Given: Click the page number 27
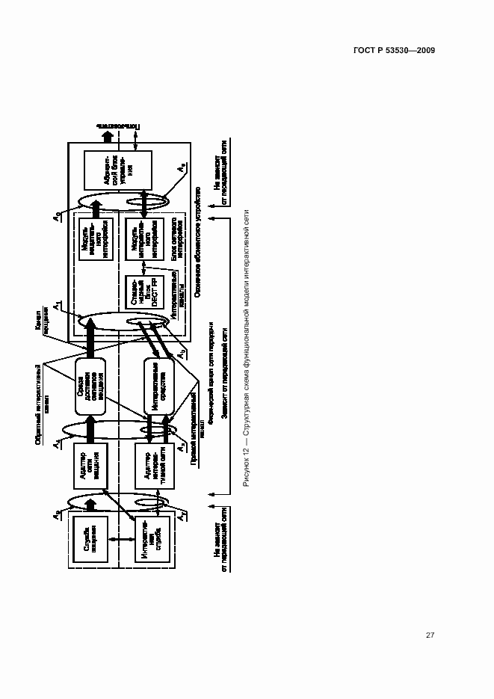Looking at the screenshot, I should tap(430, 635).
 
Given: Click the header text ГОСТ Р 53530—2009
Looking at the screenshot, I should tap(395, 51).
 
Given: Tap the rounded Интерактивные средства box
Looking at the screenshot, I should tap(153, 389).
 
